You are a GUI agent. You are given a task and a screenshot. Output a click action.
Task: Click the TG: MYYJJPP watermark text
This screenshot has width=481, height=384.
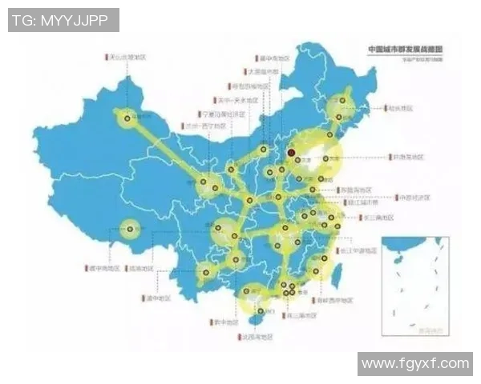coord(63,20)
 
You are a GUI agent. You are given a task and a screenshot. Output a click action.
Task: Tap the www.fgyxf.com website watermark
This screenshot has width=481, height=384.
coord(414,364)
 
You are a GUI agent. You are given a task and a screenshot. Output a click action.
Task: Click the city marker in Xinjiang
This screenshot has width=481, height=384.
coord(126,119)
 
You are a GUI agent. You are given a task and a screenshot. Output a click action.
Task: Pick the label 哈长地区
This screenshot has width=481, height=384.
coord(398,106)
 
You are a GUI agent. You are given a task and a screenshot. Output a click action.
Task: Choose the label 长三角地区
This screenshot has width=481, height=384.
coord(379,218)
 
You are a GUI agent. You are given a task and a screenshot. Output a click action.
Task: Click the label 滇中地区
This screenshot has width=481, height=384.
coord(158,299)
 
